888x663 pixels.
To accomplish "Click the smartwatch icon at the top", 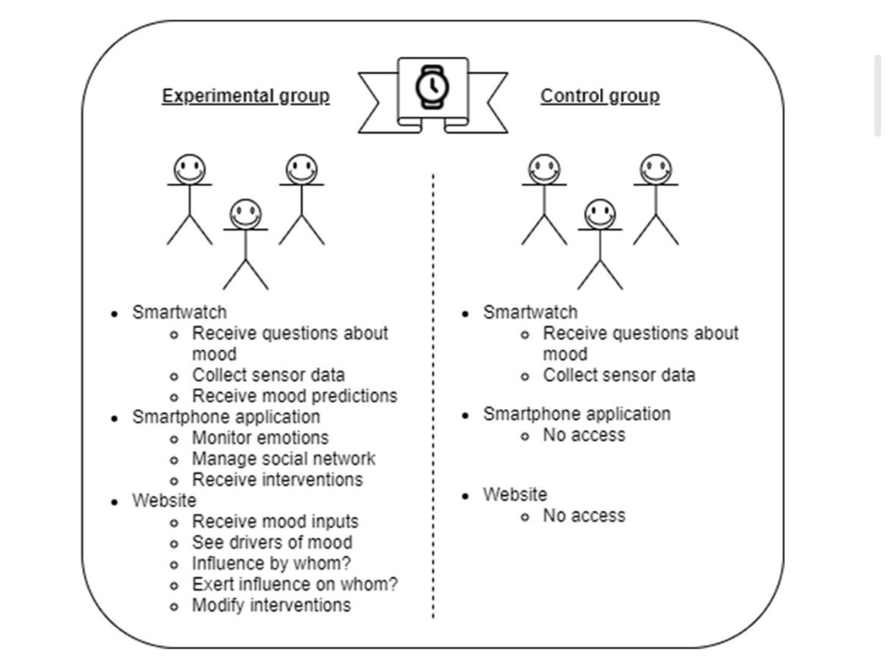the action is [x=433, y=88].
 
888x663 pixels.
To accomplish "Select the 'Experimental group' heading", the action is [x=246, y=96].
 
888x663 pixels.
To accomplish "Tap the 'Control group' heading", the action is [x=600, y=96].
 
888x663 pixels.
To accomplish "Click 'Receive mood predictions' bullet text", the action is [x=294, y=396].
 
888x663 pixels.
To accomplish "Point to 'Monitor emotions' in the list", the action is [x=260, y=437].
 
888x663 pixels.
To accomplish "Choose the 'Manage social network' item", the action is [x=284, y=459].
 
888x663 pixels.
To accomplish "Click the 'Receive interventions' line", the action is [x=278, y=479].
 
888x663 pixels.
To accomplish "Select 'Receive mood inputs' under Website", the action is [x=276, y=521].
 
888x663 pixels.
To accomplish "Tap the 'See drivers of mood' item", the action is [x=272, y=542].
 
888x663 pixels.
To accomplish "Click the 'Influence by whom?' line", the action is [x=271, y=564].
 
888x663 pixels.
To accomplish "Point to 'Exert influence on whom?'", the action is [x=295, y=584].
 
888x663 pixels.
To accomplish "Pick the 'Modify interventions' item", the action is [x=271, y=605].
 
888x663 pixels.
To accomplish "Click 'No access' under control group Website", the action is [x=584, y=516].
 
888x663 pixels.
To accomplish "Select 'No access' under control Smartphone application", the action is [x=584, y=435].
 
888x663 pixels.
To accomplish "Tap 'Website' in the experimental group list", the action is [x=164, y=500].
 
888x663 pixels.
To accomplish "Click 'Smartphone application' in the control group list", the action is [x=577, y=414].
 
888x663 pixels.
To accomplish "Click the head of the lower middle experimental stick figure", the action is [x=245, y=214].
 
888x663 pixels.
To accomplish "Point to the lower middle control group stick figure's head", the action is [x=600, y=214].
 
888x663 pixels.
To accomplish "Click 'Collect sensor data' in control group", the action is [x=619, y=375].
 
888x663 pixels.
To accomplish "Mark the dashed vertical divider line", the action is [x=433, y=396].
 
